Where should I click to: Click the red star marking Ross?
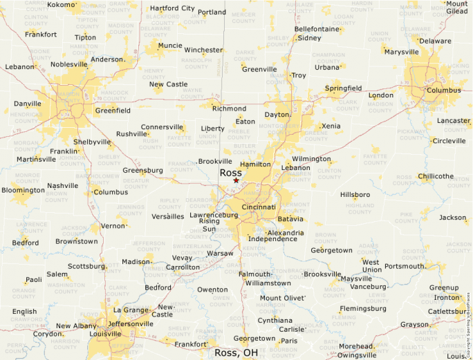236,181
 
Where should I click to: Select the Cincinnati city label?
259,207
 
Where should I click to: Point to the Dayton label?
277,115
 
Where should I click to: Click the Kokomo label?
60,5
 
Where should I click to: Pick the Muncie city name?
170,46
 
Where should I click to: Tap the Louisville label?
109,333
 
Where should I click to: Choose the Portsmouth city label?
405,266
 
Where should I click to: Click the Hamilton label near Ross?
255,164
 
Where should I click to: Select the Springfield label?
343,88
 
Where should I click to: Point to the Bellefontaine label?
317,29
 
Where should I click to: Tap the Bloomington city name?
23,190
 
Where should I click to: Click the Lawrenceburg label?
214,215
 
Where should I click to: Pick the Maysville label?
356,278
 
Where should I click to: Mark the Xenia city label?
331,126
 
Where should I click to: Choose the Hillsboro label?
355,195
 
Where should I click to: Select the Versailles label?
167,216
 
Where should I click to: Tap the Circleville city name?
449,141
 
